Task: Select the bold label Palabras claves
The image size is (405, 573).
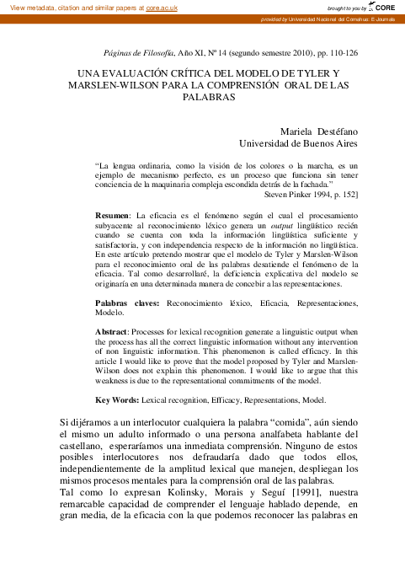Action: [x=127, y=302]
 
